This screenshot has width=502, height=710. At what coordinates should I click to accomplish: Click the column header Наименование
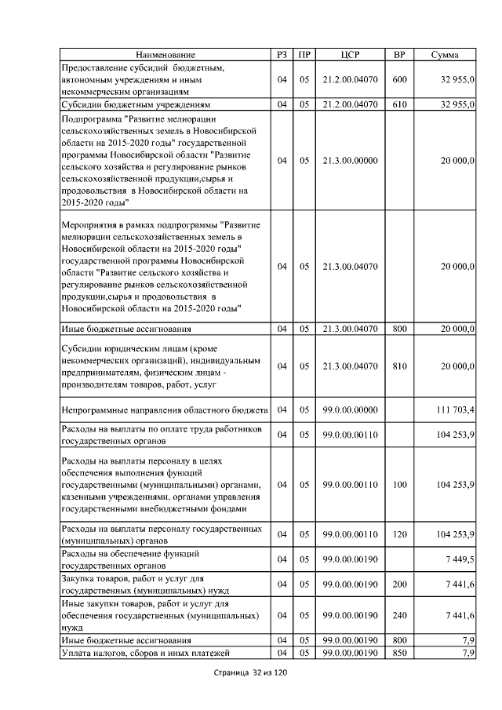pyautogui.click(x=165, y=55)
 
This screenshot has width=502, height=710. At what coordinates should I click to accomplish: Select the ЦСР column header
pyautogui.click(x=350, y=55)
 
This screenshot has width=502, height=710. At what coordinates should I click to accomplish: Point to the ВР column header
pyautogui.click(x=398, y=55)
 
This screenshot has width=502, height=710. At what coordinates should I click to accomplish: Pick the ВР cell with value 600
pyautogui.click(x=399, y=79)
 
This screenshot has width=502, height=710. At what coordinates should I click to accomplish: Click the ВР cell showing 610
pyautogui.click(x=399, y=104)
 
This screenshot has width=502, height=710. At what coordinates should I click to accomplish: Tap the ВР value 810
pyautogui.click(x=399, y=366)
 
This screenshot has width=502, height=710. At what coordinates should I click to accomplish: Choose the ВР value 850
pyautogui.click(x=399, y=654)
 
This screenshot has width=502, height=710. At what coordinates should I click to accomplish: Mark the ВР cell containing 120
pyautogui.click(x=399, y=535)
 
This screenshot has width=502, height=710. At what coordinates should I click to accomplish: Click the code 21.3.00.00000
pyautogui.click(x=350, y=161)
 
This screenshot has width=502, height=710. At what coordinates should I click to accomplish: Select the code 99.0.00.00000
pyautogui.click(x=350, y=410)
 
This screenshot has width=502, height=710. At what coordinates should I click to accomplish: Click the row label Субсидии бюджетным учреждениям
pyautogui.click(x=130, y=104)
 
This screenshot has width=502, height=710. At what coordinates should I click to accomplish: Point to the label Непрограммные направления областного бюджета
pyautogui.click(x=165, y=410)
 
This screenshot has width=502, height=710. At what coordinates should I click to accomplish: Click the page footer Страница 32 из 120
pyautogui.click(x=251, y=674)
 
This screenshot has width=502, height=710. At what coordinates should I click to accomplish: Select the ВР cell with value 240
pyautogui.click(x=399, y=617)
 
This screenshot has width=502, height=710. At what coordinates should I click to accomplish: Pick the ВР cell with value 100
pyautogui.click(x=399, y=486)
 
